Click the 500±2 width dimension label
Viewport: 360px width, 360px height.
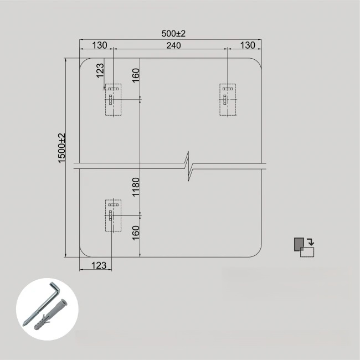pos(173,34)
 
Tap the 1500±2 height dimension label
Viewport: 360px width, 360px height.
pos(62,148)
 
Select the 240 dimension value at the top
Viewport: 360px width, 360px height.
pos(173,45)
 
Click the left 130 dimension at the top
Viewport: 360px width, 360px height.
pos(99,45)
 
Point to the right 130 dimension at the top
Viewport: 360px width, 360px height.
pos(248,45)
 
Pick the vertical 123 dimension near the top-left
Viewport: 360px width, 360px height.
pos(100,71)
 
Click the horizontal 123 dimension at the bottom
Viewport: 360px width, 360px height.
pos(99,265)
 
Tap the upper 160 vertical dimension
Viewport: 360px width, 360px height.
pos(136,75)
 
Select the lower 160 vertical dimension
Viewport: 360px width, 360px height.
pos(136,233)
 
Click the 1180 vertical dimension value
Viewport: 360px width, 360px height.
pos(136,187)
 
